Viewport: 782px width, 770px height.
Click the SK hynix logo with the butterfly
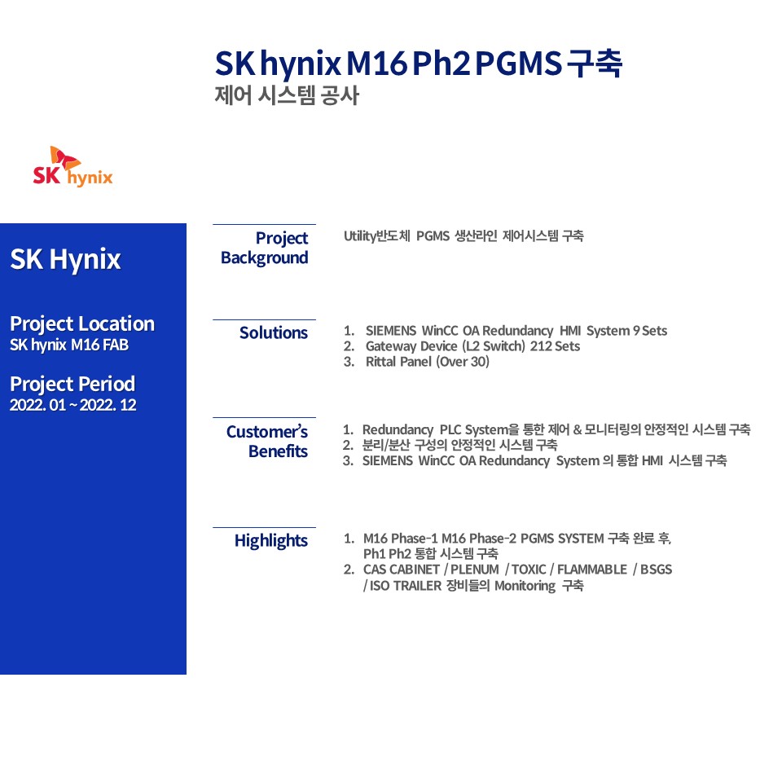tap(72, 166)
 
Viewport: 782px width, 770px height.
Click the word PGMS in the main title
tap(519, 64)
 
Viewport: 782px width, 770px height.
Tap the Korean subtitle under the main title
tap(287, 95)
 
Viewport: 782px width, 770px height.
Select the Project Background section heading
tap(264, 248)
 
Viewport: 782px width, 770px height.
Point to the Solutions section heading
tap(274, 332)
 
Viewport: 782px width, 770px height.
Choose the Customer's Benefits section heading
tap(267, 442)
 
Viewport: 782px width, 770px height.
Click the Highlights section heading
tap(270, 540)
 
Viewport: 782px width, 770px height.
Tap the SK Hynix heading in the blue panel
tap(65, 259)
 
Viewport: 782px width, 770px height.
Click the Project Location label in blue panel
tap(82, 323)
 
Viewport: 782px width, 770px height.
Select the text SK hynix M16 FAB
tap(69, 345)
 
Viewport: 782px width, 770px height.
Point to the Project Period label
tap(72, 384)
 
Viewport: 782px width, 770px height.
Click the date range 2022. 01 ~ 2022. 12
tap(73, 405)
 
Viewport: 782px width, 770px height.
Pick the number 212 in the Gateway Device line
tap(540, 346)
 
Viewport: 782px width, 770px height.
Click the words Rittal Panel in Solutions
tap(398, 362)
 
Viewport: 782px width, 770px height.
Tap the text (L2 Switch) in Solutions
tap(494, 346)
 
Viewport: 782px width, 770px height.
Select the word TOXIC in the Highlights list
tap(529, 570)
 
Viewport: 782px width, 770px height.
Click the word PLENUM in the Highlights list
tap(475, 570)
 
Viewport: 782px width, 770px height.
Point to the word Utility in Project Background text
tap(359, 235)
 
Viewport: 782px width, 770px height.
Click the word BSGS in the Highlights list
tap(657, 570)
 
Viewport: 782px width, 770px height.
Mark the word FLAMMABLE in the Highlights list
tap(592, 570)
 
